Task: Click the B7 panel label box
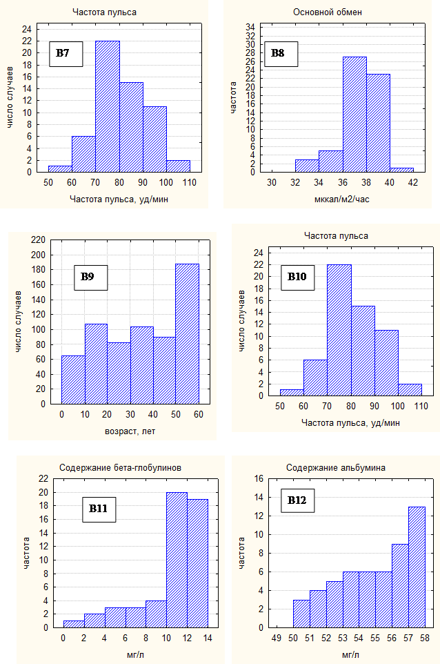[66, 53]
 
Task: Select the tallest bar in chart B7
[108, 106]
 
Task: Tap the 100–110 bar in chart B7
[179, 166]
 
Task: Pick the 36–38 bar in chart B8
[354, 114]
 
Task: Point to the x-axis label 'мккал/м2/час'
[343, 200]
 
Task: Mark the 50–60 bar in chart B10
[292, 393]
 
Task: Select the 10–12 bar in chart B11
[177, 560]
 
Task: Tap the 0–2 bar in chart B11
[73, 624]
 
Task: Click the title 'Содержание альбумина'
[335, 468]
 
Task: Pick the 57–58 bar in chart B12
[417, 567]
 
